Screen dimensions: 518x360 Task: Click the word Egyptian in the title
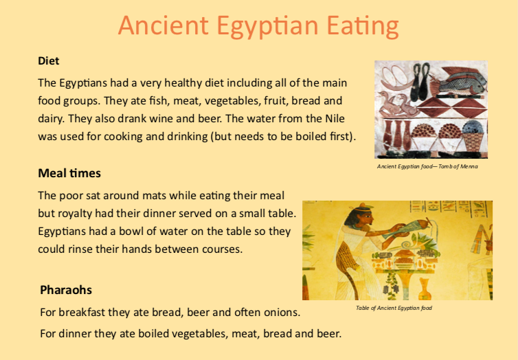(267, 26)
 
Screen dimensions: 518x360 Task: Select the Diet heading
(49, 60)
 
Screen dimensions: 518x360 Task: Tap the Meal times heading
(69, 173)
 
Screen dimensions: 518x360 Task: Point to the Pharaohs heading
(66, 290)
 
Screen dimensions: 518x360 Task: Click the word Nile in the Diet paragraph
(335, 119)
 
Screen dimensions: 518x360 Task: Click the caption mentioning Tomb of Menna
(427, 166)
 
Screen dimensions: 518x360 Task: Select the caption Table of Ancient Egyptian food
(394, 308)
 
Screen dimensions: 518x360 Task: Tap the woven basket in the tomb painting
(474, 139)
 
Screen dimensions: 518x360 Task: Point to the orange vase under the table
(424, 290)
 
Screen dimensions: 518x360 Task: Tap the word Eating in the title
(363, 26)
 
